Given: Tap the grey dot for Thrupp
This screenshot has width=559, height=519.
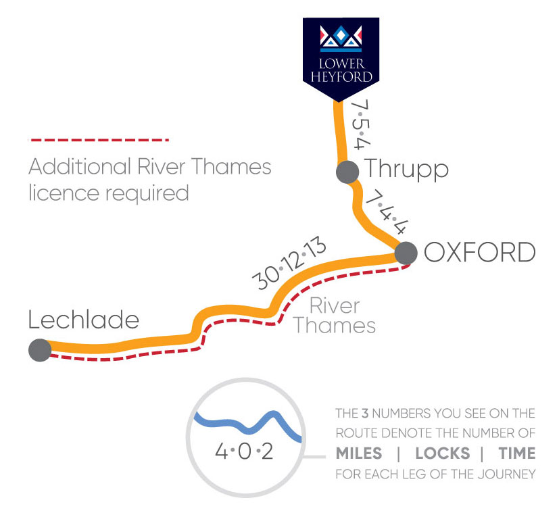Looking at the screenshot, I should [x=347, y=172].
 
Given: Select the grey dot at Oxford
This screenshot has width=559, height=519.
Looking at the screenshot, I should [x=406, y=253].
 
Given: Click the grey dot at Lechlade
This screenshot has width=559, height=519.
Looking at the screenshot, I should [x=40, y=350].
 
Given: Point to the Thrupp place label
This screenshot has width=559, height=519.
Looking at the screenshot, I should [x=406, y=169].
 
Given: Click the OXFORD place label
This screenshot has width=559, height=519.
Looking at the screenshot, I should [x=479, y=253].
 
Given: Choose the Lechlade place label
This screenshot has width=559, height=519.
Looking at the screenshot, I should [x=83, y=320].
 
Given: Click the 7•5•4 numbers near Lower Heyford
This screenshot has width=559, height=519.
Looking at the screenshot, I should [x=360, y=125].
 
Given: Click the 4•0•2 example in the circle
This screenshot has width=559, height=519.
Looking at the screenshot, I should [x=243, y=451].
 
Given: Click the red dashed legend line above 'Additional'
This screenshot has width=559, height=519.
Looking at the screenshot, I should [x=98, y=140].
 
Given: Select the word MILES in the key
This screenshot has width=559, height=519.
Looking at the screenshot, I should [x=358, y=453].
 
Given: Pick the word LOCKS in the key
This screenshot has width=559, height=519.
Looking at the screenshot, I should [x=442, y=453].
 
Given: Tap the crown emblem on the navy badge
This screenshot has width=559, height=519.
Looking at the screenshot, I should [x=340, y=38].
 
